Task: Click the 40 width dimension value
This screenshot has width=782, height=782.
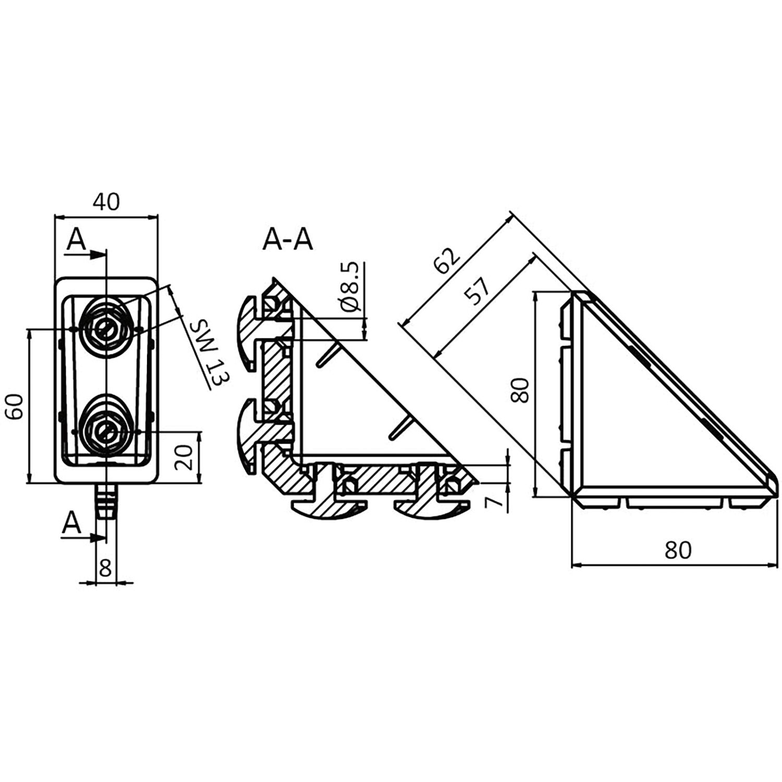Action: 106,201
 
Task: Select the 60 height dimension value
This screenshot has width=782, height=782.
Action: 15,406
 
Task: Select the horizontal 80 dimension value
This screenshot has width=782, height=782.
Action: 678,549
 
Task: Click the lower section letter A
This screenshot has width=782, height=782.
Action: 72,523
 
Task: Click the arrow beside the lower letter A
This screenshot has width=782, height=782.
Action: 82,537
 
